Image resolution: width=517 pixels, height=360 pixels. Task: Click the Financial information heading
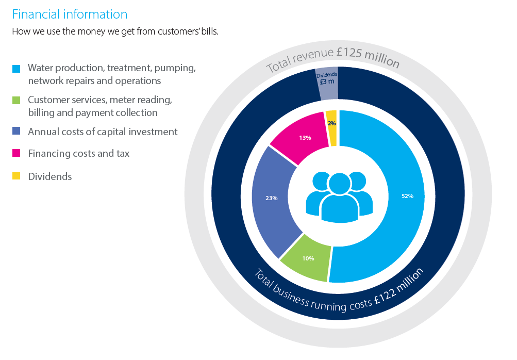pyautogui.click(x=70, y=14)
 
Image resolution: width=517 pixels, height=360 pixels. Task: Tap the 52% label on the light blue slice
pyautogui.click(x=407, y=196)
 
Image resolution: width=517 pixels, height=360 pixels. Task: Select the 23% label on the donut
pyautogui.click(x=271, y=198)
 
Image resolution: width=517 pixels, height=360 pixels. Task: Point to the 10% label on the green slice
pyautogui.click(x=308, y=258)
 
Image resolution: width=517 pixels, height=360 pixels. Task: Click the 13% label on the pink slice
pyautogui.click(x=305, y=138)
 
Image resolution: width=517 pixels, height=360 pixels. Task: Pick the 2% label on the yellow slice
pyautogui.click(x=331, y=123)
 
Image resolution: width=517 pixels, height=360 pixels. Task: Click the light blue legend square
pyautogui.click(x=16, y=69)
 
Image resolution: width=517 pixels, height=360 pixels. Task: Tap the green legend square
pyautogui.click(x=16, y=100)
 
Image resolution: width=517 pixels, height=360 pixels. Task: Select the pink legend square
pyautogui.click(x=16, y=153)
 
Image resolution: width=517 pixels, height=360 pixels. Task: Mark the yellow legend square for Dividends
pyautogui.click(x=16, y=176)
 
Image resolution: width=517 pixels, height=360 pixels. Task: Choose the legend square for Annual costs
pyautogui.click(x=16, y=131)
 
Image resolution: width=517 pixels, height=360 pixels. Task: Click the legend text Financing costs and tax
pyautogui.click(x=78, y=153)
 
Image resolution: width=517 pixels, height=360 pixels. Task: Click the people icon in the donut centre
pyautogui.click(x=339, y=197)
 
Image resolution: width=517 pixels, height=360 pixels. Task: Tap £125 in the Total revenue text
pyautogui.click(x=349, y=53)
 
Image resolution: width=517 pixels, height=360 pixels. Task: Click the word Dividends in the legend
pyautogui.click(x=50, y=176)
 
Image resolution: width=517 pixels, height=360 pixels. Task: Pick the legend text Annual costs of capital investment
pyautogui.click(x=103, y=132)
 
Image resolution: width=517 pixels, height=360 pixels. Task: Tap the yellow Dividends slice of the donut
pyautogui.click(x=331, y=128)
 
